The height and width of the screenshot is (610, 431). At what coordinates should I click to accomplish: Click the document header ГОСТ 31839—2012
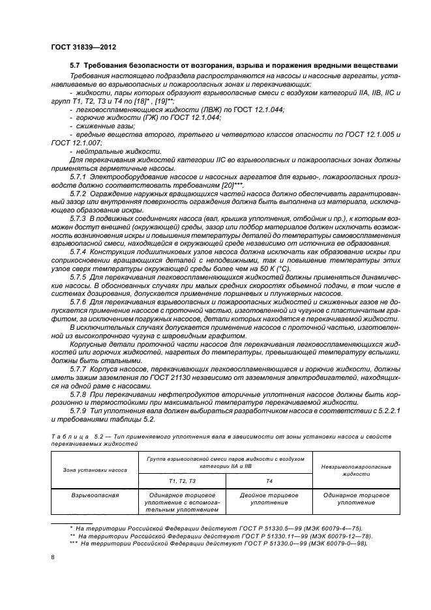pyautogui.click(x=83, y=48)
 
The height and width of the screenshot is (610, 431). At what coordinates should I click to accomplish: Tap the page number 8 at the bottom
pyautogui.click(x=53, y=557)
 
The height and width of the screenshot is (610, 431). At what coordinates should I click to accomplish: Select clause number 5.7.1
pyautogui.click(x=81, y=175)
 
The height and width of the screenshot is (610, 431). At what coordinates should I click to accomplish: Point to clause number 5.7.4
pyautogui.click(x=81, y=251)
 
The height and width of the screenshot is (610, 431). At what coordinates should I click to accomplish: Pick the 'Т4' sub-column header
pyautogui.click(x=269, y=480)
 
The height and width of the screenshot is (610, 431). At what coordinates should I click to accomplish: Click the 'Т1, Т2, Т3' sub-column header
pyautogui.click(x=182, y=480)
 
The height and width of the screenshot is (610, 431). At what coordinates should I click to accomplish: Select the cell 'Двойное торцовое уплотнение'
pyautogui.click(x=269, y=499)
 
